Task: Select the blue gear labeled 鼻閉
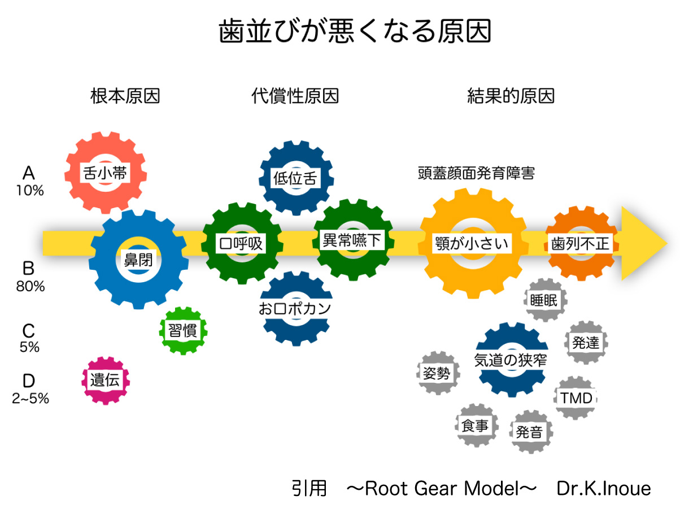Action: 138,259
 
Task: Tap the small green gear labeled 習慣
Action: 182,330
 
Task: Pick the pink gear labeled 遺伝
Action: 105,380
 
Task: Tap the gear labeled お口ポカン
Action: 294,308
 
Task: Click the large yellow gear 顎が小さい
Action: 472,244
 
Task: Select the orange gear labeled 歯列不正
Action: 580,244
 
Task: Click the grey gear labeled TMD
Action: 577,398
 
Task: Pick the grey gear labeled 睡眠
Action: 544,300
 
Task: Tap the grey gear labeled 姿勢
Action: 437,373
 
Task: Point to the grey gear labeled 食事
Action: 475,426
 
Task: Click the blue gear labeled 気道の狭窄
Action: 511,360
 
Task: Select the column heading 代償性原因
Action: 295,96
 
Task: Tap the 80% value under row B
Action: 30,286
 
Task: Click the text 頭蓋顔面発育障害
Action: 476,172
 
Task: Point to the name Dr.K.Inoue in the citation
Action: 604,488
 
